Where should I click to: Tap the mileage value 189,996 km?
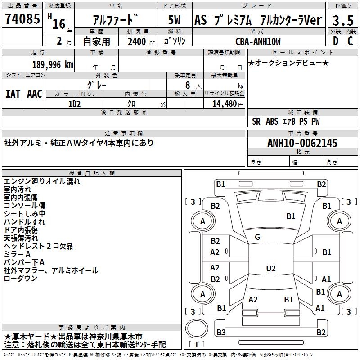pos(53,64)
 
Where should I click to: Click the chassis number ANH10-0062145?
pos(302,143)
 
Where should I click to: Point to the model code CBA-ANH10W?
pos(258,41)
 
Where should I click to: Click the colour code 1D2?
pos(74,103)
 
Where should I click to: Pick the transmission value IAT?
pos(13,94)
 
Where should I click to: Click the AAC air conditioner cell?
pos(35,94)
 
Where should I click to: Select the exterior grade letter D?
pos(335,41)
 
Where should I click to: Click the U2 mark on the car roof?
pos(270,269)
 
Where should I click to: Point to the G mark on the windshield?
pos(257,237)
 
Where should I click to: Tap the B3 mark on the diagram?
pos(220,333)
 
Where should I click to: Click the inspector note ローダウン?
pos(20,279)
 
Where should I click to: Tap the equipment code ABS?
pos(272,121)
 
